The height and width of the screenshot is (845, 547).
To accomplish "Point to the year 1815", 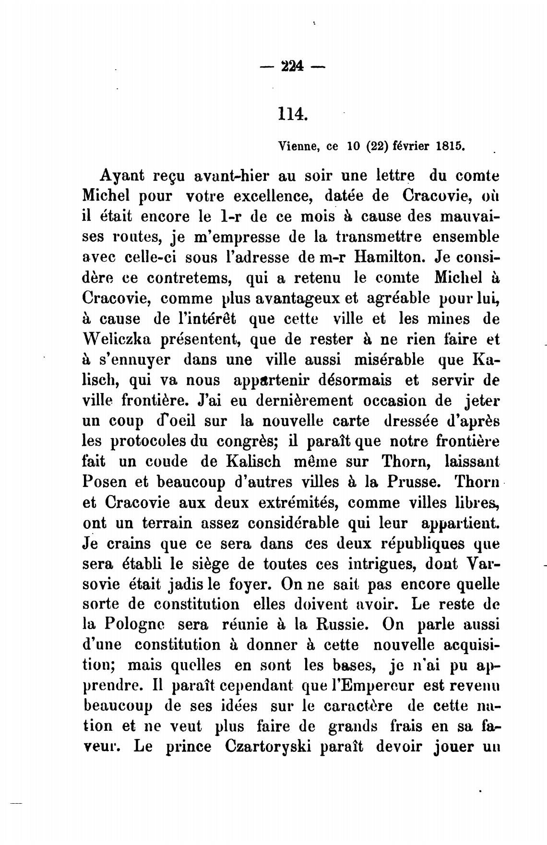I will pyautogui.click(x=450, y=146).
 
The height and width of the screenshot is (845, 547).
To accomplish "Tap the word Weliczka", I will pyautogui.click(x=117, y=339).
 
